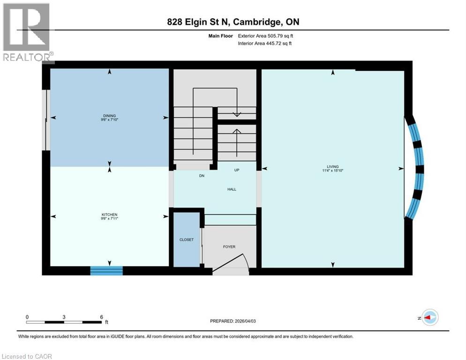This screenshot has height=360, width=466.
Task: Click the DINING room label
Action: [x=110, y=115]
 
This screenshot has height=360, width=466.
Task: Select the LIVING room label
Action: [x=333, y=166]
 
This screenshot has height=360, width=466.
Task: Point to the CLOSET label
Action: [x=186, y=240]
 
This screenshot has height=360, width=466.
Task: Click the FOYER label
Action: [x=229, y=247]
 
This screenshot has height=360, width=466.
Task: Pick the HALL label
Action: [x=232, y=189]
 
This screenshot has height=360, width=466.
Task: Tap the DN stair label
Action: [x=202, y=176]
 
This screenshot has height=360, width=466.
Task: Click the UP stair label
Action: [x=237, y=170]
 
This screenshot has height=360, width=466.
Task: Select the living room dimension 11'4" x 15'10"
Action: [x=333, y=171]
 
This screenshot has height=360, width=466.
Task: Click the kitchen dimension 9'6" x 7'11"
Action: [x=110, y=218]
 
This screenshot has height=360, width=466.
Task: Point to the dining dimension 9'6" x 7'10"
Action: [x=110, y=120]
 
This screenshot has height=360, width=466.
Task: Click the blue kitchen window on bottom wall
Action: [x=106, y=270]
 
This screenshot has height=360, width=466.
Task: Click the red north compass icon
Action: [x=429, y=318]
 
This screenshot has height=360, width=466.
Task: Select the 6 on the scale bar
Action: [x=101, y=317]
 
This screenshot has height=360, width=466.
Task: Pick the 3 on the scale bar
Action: [x=64, y=317]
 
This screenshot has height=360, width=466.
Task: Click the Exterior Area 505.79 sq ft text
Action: [x=266, y=35]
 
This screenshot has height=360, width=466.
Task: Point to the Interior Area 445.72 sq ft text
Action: [x=266, y=43]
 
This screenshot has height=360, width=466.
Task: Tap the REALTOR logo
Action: [x=27, y=33]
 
